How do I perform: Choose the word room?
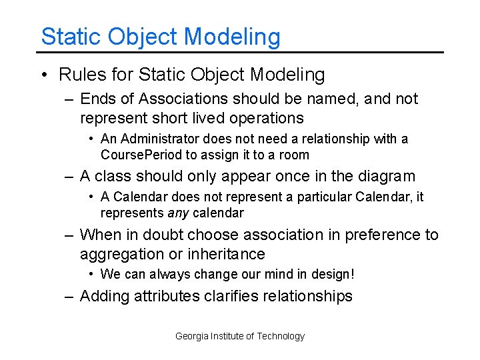[x=295, y=155]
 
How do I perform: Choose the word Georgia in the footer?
[x=191, y=336]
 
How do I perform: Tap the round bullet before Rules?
[x=44, y=74]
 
